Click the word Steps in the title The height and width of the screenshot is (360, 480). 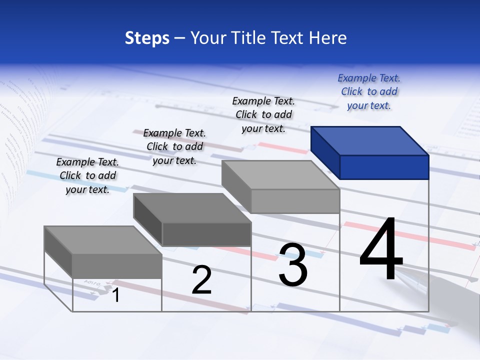pos(147,38)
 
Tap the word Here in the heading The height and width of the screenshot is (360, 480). pos(328,38)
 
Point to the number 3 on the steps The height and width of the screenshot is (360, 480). pos(292,265)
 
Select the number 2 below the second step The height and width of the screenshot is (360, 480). pos(201,280)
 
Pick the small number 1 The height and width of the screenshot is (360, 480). pos(116,295)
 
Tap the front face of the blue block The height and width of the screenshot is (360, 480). pos(384,167)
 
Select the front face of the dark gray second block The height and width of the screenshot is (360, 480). pos(206,234)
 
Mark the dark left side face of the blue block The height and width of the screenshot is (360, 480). pos(325,150)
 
